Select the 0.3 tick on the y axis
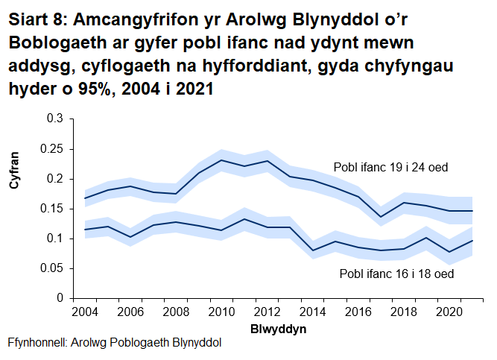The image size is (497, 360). pos(56,119)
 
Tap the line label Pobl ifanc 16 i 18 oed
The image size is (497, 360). pos(396,274)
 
